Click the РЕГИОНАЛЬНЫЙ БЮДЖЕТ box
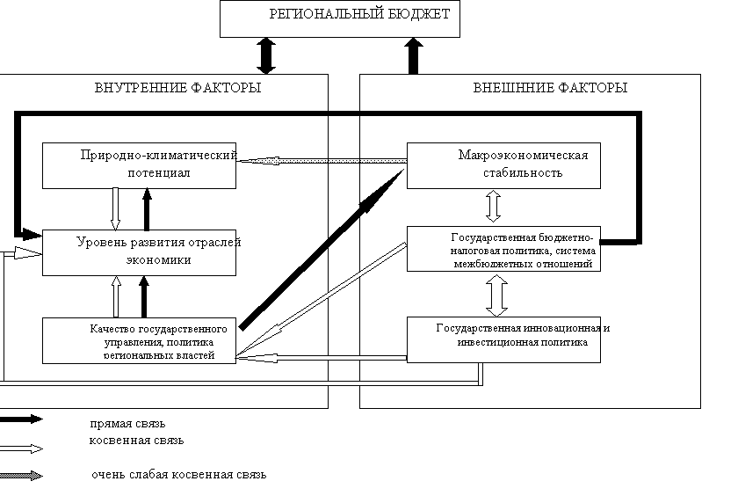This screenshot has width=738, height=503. point(340,18)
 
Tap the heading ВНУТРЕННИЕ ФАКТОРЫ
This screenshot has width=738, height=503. point(177,88)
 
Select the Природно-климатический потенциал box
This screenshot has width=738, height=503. point(140,164)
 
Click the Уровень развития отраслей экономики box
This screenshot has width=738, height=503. point(140,251)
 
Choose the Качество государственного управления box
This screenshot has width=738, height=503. point(140,340)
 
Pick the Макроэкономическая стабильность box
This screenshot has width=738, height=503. point(503,164)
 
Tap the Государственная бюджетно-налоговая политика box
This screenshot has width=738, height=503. point(503,249)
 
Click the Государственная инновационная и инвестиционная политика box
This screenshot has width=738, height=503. point(503,339)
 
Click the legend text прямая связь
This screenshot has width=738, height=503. point(127,423)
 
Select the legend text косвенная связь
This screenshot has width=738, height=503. point(136,440)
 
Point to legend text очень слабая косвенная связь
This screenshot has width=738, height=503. point(178,475)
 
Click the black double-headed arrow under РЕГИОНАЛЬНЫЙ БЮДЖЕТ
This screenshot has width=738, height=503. point(265,55)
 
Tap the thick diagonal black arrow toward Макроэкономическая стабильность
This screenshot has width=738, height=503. point(321,249)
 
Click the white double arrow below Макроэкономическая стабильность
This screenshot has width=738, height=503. point(493,207)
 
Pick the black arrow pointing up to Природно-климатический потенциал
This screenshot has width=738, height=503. point(147,208)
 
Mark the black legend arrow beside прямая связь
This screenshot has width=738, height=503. point(21,419)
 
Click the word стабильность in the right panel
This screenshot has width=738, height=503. point(524,172)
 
